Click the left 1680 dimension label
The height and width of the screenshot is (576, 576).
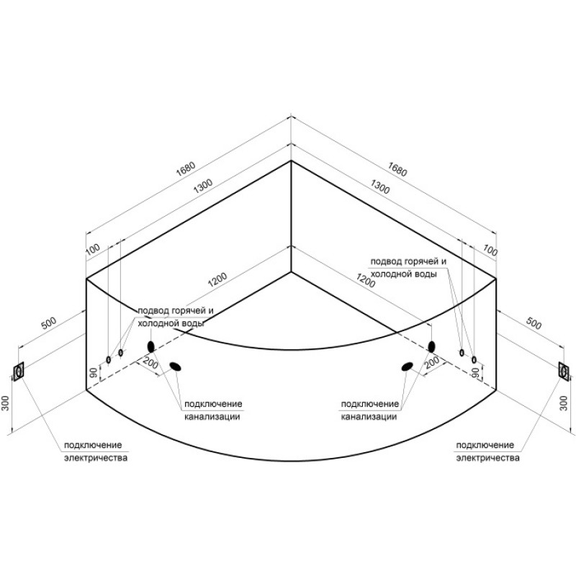(x=186, y=170)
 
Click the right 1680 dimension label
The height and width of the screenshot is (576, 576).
(x=397, y=169)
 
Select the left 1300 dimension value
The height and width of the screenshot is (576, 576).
(x=203, y=186)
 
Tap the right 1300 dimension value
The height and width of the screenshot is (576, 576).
(x=380, y=186)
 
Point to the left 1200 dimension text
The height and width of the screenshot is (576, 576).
(x=217, y=280)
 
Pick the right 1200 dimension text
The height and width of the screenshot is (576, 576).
(x=366, y=280)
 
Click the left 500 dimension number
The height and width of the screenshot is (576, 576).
(x=48, y=323)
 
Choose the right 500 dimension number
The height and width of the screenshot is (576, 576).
(x=534, y=323)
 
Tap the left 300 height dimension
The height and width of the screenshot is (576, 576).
(x=5, y=403)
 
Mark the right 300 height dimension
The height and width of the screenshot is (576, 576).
(x=564, y=403)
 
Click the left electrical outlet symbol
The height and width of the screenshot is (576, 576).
(x=19, y=372)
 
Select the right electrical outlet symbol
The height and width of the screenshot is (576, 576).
(x=564, y=372)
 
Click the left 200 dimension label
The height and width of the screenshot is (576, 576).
(x=150, y=364)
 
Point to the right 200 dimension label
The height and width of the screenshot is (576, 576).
(x=432, y=362)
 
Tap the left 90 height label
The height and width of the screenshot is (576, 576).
(x=94, y=372)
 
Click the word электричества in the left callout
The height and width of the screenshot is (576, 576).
(x=96, y=458)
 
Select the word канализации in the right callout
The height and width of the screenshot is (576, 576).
(x=369, y=417)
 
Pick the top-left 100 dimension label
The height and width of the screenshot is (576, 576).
(x=93, y=249)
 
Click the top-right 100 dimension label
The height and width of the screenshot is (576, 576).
(x=490, y=251)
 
